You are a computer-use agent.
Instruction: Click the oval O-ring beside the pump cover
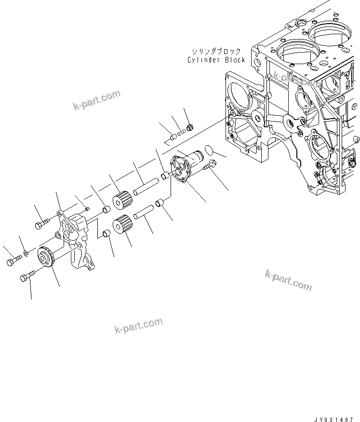(x=208, y=150)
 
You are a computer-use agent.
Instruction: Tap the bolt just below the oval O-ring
(x=210, y=166)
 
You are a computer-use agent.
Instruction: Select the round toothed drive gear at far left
(x=48, y=256)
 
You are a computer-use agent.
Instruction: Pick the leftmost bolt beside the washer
(x=13, y=261)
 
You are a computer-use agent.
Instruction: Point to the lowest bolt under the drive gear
(x=27, y=278)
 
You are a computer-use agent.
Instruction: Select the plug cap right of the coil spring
(x=189, y=128)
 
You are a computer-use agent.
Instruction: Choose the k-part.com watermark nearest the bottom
(x=138, y=326)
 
